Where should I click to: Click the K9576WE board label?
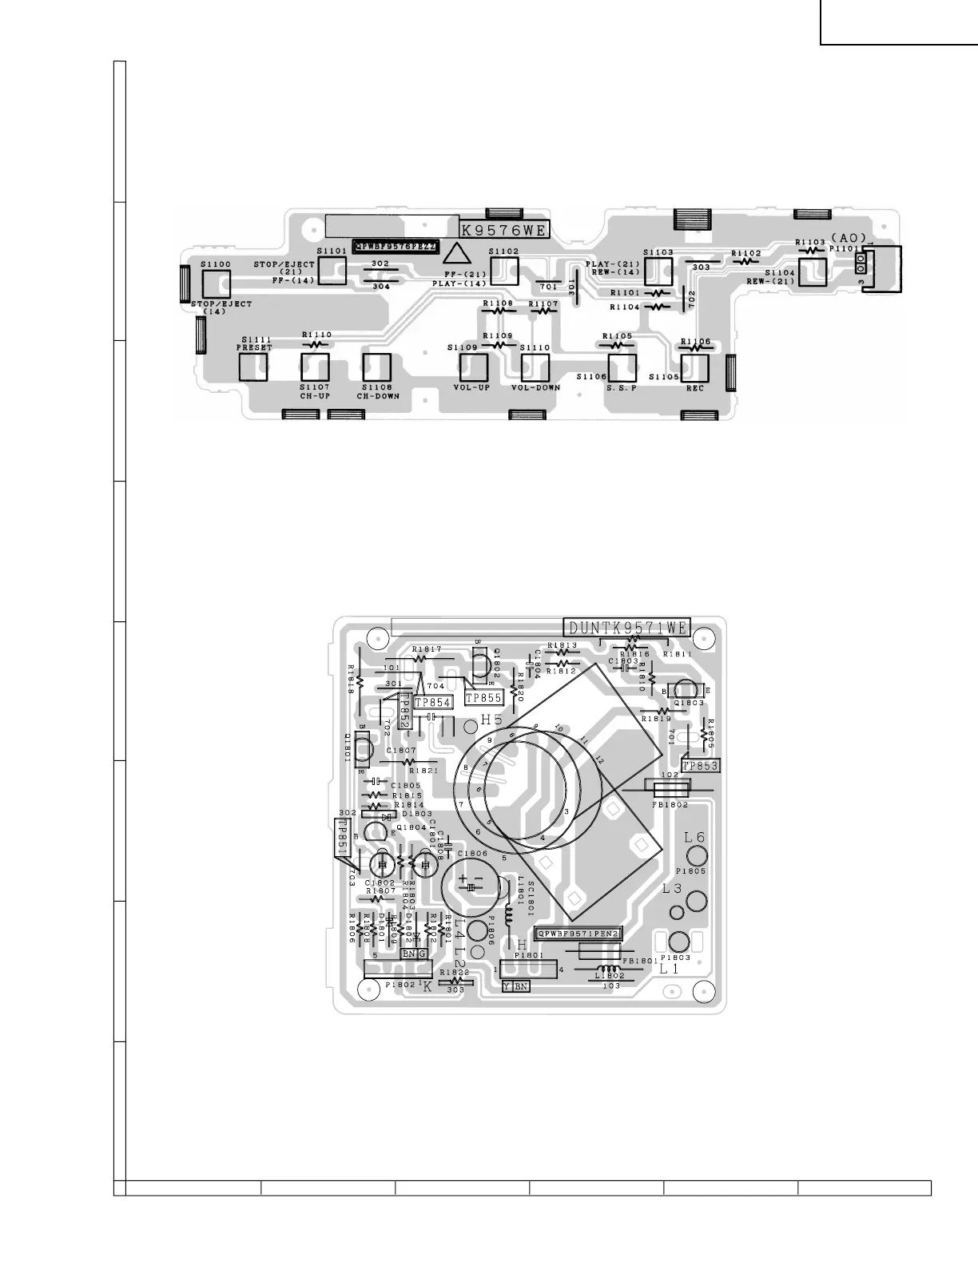[504, 231]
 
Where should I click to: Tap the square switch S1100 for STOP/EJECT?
[217, 284]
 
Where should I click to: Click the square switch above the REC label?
[694, 367]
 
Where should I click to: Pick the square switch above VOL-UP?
[472, 367]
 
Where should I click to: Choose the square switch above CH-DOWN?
[376, 367]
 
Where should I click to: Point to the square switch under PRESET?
[253, 366]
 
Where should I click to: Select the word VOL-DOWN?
[535, 387]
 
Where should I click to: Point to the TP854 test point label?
[432, 702]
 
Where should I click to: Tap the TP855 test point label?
[483, 698]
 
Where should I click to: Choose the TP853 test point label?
[701, 765]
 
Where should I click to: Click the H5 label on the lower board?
[491, 720]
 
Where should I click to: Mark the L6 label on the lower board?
[694, 838]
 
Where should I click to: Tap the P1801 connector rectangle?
[528, 969]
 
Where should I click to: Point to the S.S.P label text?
[621, 387]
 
